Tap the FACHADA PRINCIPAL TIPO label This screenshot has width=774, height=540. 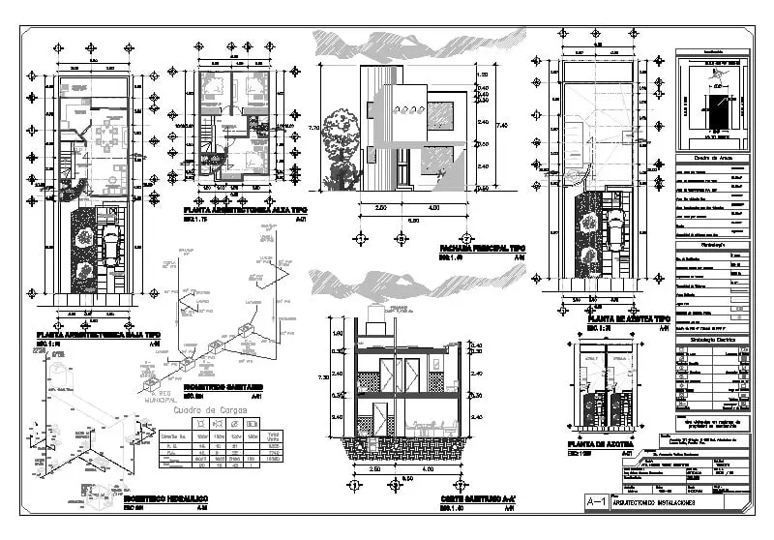483,248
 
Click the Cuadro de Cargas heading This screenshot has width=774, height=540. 209,409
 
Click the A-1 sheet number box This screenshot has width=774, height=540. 596,501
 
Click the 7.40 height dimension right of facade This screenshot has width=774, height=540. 500,125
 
